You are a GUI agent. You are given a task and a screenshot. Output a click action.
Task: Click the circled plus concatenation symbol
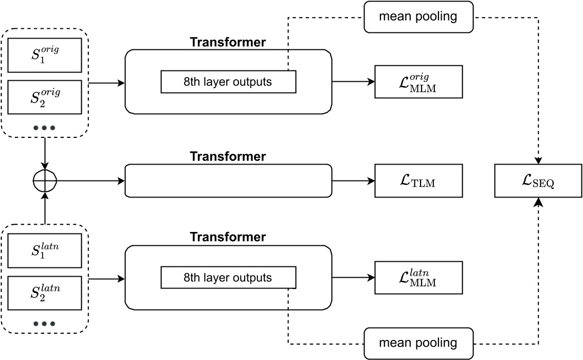coord(45,181)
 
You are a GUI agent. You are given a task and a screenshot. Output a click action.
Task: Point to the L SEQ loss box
coord(538,181)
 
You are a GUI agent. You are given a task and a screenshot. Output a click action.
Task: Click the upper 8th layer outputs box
coord(228,82)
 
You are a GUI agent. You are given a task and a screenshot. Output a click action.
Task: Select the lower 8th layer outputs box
coord(228,278)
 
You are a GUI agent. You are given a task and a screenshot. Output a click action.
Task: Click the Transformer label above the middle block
coord(228,156)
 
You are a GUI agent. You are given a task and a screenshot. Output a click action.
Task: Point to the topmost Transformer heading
coord(228,42)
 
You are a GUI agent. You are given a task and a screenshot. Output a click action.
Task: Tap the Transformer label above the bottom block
coord(228,238)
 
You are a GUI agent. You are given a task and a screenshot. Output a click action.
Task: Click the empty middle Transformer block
coord(228,181)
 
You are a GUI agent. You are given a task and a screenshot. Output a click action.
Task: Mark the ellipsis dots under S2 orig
coord(44,127)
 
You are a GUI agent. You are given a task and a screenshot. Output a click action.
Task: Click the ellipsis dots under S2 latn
coord(44,323)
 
